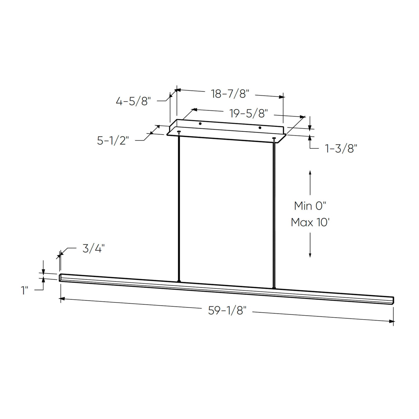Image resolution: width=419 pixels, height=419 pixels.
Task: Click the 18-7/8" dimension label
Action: pos(230,94)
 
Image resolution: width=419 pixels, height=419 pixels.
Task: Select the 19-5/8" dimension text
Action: pos(249,113)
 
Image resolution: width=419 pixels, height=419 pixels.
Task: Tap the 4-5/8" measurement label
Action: pos(133,101)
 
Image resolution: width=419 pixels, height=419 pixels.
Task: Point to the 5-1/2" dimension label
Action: pos(113,141)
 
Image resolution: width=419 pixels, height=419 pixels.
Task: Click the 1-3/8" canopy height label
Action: pos(341,149)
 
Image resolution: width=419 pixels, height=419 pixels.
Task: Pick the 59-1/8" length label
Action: pos(227,311)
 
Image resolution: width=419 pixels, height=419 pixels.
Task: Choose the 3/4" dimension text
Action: pos(93,249)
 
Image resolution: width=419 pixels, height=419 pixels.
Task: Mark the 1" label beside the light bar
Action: pos(25,290)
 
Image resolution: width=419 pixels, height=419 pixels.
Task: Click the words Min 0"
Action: pos(310,206)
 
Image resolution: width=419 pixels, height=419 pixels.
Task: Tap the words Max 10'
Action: pos(310,222)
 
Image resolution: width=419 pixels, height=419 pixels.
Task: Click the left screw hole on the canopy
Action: pos(200,124)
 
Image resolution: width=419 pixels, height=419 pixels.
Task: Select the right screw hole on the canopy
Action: pos(260,128)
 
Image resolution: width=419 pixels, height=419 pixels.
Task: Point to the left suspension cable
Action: pos(179,203)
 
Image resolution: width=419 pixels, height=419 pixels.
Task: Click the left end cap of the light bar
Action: pos(60,277)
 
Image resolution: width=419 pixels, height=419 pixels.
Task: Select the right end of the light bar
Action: pos(393,300)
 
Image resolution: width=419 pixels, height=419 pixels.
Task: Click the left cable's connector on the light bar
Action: pos(179,281)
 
